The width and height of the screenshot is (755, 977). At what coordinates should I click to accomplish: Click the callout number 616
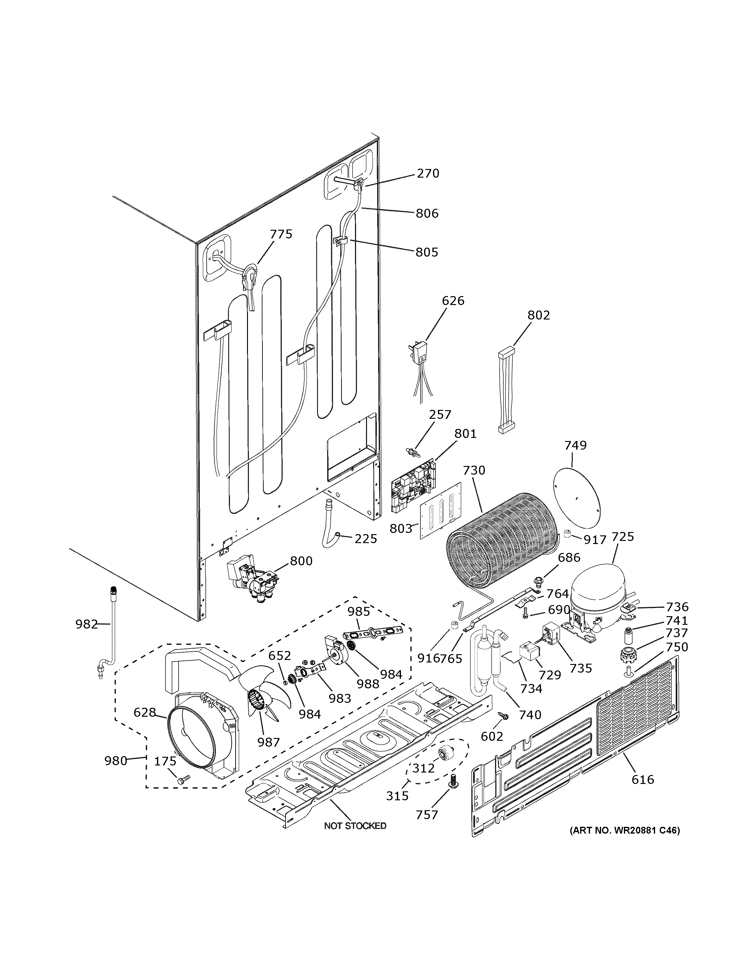pos(642,780)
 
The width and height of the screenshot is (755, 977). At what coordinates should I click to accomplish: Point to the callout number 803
pos(400,528)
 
